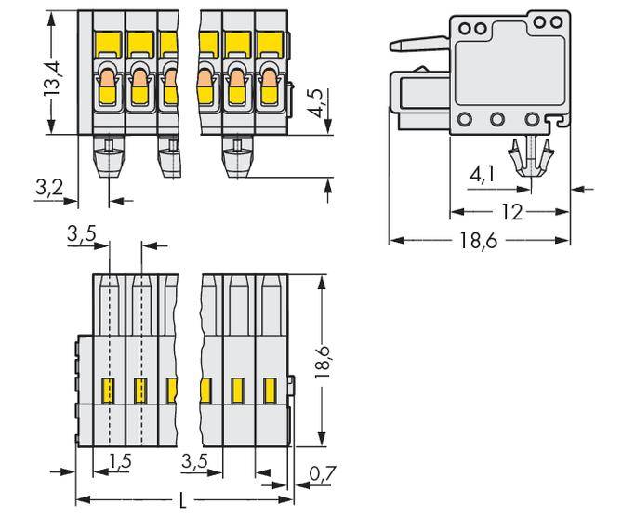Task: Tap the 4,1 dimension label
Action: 483,175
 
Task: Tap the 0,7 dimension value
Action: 321,476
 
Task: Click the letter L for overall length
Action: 182,502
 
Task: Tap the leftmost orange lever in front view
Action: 106,88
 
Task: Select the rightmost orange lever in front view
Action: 271,88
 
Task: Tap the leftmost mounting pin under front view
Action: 109,158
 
